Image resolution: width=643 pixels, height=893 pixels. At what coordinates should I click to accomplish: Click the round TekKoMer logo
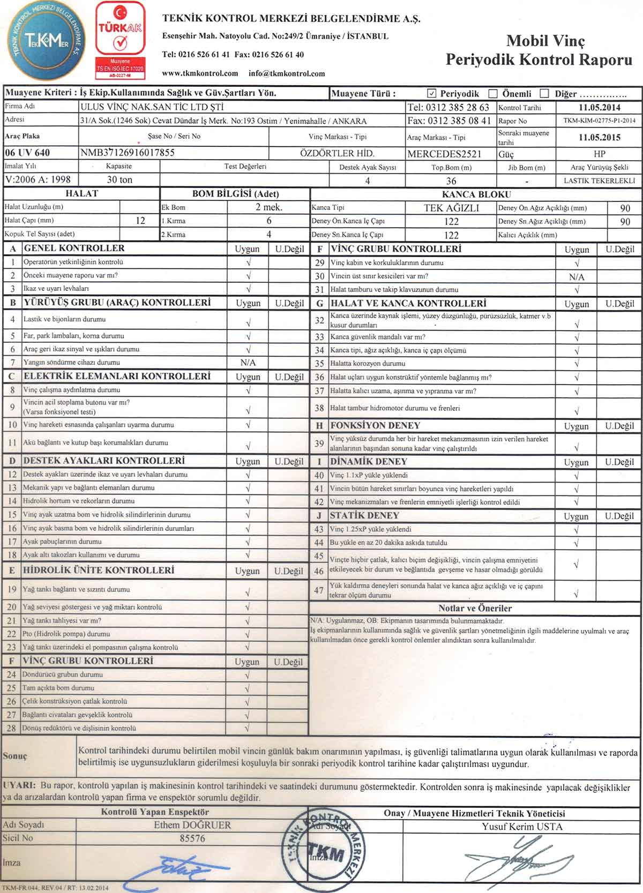(44, 42)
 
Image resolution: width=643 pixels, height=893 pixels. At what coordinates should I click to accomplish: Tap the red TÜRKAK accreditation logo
(120, 37)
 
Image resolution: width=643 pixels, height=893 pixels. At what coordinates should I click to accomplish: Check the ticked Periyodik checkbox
(432, 93)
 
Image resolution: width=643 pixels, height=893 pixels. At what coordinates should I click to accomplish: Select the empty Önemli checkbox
(493, 94)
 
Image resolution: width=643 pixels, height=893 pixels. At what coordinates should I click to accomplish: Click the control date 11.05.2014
(599, 107)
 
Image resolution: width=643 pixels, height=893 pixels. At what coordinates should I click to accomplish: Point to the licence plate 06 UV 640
(27, 153)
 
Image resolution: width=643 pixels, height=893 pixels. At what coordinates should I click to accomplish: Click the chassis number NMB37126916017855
(128, 153)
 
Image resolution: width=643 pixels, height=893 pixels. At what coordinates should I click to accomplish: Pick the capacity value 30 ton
(119, 180)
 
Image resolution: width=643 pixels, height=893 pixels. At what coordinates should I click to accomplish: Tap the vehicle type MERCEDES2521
(444, 154)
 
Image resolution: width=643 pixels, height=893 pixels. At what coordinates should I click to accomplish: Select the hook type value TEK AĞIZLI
(451, 208)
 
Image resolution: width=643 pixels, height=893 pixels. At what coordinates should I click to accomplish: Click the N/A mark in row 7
(248, 363)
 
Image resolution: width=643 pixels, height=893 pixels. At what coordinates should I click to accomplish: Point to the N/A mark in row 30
(577, 277)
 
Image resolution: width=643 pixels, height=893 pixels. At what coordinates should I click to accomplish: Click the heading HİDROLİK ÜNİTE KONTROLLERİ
(99, 570)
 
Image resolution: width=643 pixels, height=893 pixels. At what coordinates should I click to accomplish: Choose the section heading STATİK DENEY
(364, 515)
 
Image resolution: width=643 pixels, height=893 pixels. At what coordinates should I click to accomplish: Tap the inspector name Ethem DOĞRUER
(192, 825)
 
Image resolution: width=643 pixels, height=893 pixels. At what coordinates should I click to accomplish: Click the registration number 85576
(192, 838)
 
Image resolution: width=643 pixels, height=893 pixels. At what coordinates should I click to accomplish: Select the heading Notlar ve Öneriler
(475, 608)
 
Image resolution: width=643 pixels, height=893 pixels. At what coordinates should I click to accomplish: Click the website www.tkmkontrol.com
(200, 73)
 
